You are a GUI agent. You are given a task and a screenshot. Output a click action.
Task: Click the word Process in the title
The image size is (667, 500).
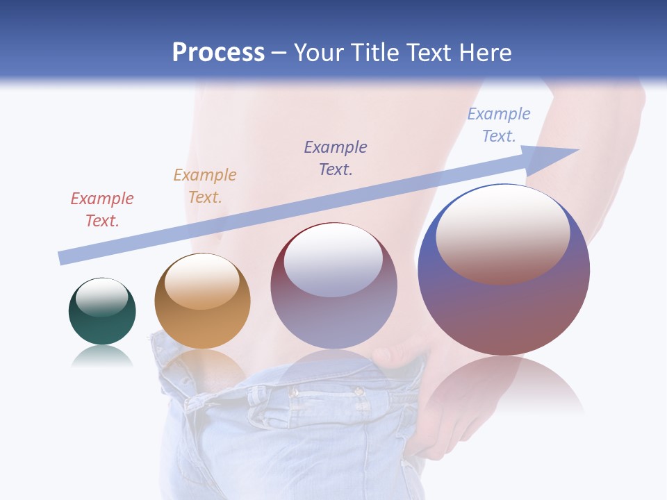coord(218,52)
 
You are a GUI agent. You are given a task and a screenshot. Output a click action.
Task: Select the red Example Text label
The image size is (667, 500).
coord(102,209)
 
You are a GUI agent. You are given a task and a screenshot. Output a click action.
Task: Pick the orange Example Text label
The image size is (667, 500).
coord(205,185)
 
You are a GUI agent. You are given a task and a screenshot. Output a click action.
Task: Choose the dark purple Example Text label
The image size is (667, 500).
coord(336,158)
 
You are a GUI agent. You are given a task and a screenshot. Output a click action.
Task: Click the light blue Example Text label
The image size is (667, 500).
coord(499,124)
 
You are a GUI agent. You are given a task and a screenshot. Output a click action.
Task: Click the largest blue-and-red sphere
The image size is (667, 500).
coord(504,306)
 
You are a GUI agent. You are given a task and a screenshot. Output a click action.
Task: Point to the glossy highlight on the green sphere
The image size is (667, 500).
coord(102,297)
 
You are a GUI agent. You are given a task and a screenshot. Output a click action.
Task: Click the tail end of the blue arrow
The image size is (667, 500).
coord(64,258)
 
